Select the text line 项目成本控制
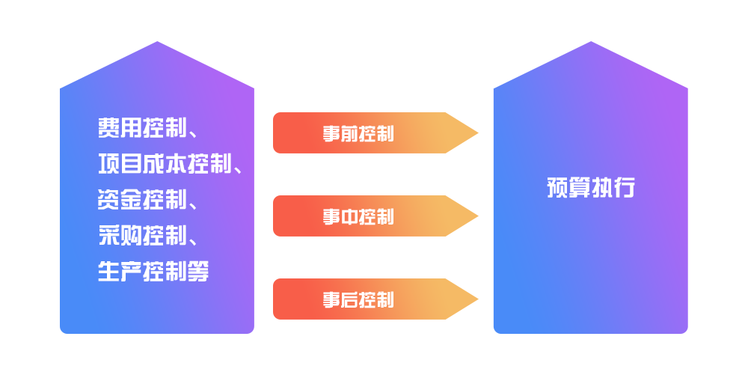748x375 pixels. pos(164,164)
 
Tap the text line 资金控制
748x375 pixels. pos(141,200)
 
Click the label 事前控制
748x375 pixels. pos(358,134)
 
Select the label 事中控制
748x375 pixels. pos(358,217)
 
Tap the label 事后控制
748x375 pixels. pos(358,300)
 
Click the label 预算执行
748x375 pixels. pos(590,188)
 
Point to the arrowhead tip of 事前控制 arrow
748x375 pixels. pos(476,133)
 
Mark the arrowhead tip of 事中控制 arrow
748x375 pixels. pos(476,216)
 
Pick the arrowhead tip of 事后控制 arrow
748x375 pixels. pos(476,299)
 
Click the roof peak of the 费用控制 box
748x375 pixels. pos(157,43)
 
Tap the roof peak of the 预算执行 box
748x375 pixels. pos(591,43)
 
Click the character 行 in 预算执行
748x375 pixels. pos(624,188)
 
